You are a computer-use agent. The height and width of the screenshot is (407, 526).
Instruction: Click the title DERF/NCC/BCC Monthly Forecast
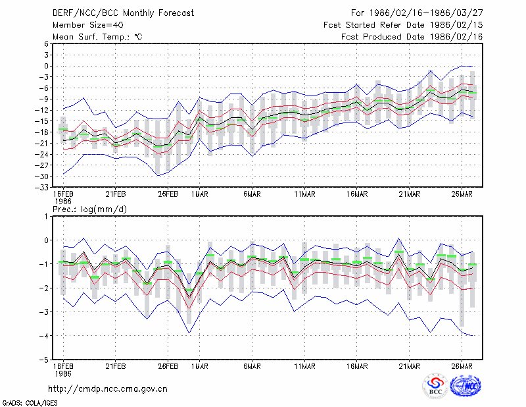coord(123,13)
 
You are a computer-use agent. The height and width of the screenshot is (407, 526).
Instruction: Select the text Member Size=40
coord(88,25)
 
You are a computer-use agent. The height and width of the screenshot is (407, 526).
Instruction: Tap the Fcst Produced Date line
coord(412,37)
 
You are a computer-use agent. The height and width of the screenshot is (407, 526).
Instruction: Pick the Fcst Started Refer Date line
coord(403,25)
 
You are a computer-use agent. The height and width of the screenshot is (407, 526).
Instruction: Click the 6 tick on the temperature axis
coord(46,44)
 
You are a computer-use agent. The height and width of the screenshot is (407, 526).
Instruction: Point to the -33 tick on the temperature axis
coord(42,187)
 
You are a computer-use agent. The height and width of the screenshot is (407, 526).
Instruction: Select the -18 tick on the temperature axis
coord(42,132)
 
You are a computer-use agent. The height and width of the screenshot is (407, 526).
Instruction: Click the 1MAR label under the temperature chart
coord(200,194)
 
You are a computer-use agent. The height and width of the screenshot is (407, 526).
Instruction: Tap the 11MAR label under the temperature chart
coord(304,194)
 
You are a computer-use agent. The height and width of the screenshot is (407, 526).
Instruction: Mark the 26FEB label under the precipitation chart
coord(168,366)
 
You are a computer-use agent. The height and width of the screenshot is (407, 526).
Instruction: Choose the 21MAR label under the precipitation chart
coord(409,366)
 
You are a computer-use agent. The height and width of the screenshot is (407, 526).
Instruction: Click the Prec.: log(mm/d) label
coord(90,209)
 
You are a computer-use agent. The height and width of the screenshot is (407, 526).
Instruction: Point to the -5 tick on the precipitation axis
coord(44,360)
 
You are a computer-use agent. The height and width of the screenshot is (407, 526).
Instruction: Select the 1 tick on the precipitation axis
coord(47,217)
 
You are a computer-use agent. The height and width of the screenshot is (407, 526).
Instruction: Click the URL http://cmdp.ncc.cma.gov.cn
coord(108,389)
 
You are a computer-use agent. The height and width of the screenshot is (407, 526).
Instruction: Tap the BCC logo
coord(435,385)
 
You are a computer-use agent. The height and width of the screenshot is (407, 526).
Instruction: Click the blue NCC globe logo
coord(466,385)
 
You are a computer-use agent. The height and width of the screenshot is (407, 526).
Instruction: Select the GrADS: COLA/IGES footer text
coord(30,403)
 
